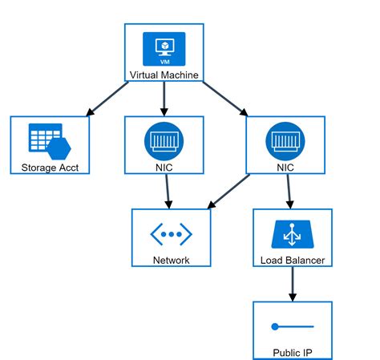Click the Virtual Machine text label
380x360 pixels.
click(164, 75)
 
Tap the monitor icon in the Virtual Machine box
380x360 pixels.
click(164, 49)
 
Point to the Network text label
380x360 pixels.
click(171, 260)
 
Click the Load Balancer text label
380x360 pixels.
click(293, 260)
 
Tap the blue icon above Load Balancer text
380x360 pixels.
click(293, 235)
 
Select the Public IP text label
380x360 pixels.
click(293, 353)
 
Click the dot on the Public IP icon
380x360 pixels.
click(275, 327)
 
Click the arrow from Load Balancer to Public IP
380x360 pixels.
click(293, 284)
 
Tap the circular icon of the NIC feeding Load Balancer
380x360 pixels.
click(286, 141)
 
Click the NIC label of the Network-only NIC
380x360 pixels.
click(164, 168)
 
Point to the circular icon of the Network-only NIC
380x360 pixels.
click(164, 141)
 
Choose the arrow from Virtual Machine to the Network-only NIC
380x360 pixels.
click(164, 99)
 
